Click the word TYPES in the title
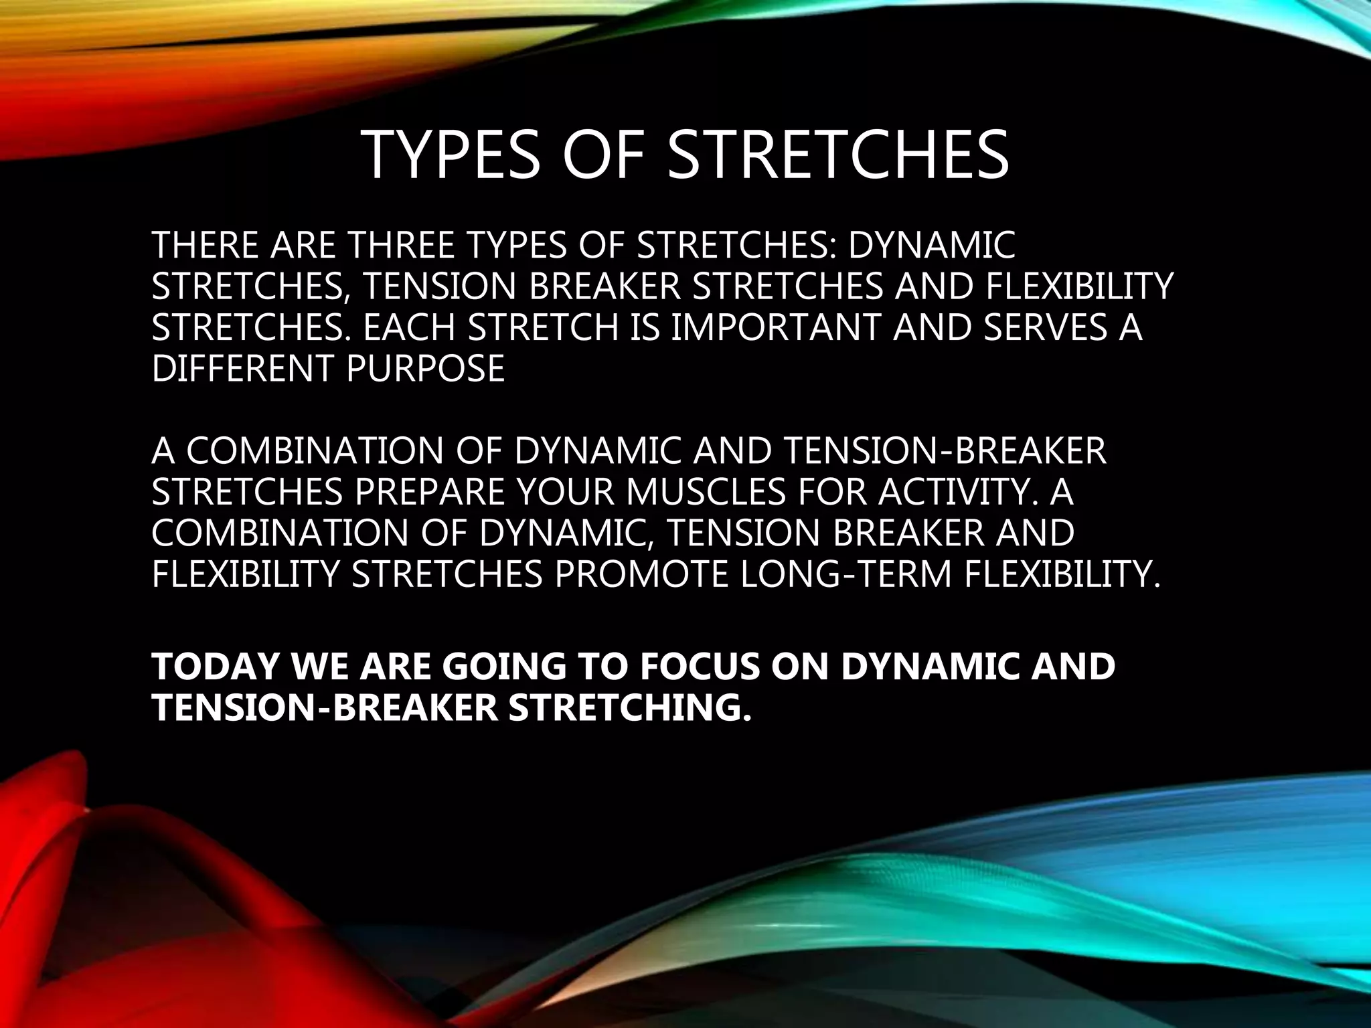pos(451,155)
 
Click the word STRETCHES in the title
pos(838,155)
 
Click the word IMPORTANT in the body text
pos(777,327)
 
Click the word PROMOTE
pos(641,574)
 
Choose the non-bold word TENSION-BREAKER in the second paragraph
pos(943,450)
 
